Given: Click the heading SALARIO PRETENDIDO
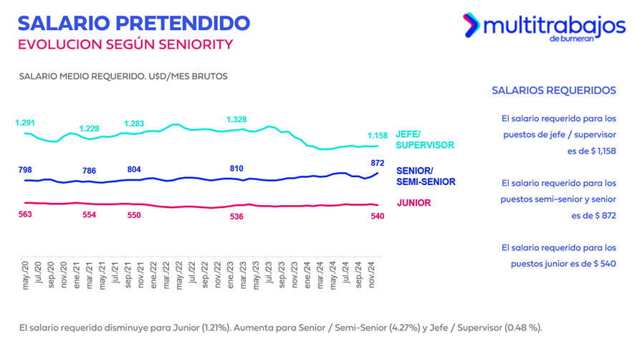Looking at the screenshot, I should (133, 22).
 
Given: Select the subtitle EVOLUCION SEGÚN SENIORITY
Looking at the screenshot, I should (125, 44).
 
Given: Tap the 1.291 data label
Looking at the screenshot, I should (26, 123).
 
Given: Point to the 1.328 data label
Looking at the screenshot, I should (237, 119).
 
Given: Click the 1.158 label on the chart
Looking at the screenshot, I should (378, 136).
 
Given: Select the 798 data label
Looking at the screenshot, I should (25, 170).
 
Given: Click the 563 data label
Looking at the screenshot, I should (25, 214).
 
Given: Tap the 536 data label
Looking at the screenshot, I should (237, 216).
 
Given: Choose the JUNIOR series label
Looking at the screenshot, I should (414, 203).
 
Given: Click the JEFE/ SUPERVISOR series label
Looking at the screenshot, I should (424, 139).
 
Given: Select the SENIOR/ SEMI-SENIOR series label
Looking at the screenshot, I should (425, 176).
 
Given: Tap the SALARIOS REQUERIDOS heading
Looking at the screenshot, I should (554, 90).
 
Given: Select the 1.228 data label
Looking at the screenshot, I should (90, 128).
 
